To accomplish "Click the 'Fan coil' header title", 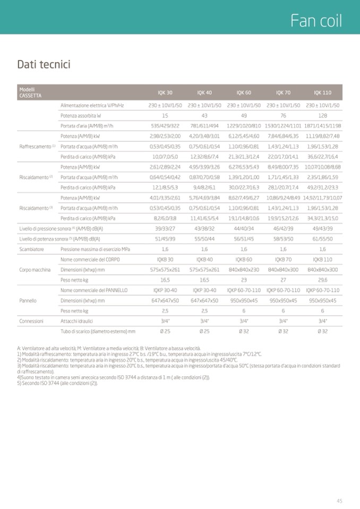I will [x=316, y=21].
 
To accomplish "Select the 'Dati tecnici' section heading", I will [x=44, y=65].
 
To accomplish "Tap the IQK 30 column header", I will [x=165, y=93].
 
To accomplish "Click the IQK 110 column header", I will [x=322, y=93].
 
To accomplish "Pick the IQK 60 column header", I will [x=244, y=93].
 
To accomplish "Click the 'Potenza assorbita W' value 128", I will [x=322, y=115].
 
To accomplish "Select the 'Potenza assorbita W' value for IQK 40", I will [x=204, y=115].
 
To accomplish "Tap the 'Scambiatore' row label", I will [x=31, y=249].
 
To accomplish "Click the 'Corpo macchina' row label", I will [x=35, y=270].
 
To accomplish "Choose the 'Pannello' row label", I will [x=28, y=300].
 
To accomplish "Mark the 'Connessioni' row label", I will [x=31, y=321].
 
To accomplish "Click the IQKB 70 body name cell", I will [x=283, y=260].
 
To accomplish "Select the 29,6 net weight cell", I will [x=322, y=280].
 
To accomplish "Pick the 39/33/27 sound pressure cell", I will [x=165, y=228].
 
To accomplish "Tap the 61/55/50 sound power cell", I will [x=322, y=239].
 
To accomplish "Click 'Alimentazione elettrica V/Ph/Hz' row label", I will [x=92, y=105].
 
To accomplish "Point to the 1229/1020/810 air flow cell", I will [x=244, y=126].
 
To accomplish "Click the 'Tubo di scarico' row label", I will [x=98, y=331].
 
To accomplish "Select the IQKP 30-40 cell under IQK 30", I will [x=165, y=290].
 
